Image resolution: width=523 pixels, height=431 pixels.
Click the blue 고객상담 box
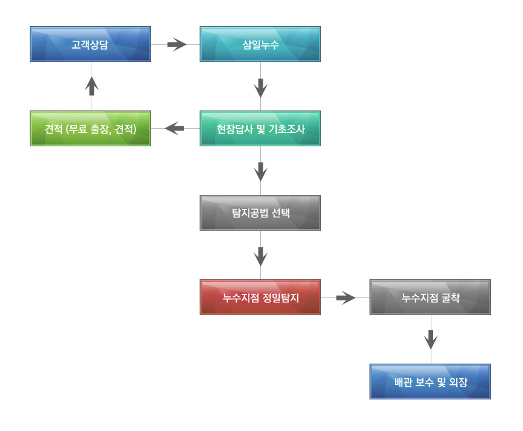(90, 44)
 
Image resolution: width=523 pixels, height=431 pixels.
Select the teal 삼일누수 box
(260, 44)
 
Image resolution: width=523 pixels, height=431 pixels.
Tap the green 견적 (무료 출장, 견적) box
(90, 128)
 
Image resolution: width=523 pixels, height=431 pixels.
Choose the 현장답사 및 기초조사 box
(260, 128)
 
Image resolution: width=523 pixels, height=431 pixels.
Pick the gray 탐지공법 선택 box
(260, 212)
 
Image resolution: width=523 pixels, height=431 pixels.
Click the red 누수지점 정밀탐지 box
(260, 297)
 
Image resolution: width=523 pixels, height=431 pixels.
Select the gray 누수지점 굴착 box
(430, 297)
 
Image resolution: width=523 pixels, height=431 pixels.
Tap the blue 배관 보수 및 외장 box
(430, 381)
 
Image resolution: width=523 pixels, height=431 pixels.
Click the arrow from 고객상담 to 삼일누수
(177, 44)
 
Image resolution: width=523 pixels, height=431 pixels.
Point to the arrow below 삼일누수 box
(261, 88)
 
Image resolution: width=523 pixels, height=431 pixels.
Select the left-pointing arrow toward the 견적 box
(175, 128)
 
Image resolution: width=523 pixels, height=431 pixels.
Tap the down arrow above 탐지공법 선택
(261, 172)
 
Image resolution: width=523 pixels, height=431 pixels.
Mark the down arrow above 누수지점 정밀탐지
(261, 256)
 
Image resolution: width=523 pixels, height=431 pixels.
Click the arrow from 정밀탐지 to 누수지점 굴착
(346, 297)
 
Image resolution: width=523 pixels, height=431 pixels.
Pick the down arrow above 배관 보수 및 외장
(431, 339)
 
